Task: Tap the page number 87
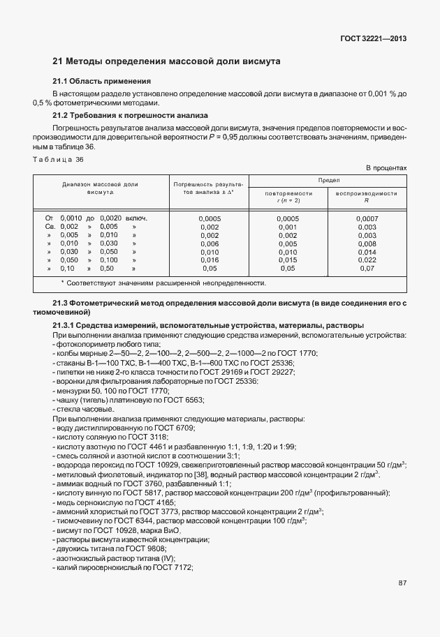(x=402, y=584)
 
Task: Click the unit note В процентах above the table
(x=386, y=169)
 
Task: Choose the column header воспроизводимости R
(x=367, y=196)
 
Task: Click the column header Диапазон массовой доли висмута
(x=101, y=188)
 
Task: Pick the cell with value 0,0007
(x=367, y=218)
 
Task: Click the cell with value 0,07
(x=367, y=269)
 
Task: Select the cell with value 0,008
(x=367, y=243)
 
